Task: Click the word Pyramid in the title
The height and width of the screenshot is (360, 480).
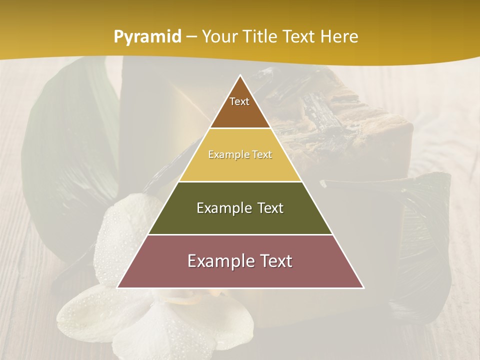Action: tap(147, 37)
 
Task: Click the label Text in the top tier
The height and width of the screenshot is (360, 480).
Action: tap(239, 101)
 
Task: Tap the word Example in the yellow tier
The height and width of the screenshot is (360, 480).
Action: tap(224, 155)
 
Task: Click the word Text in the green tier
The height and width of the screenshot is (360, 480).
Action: tap(267, 208)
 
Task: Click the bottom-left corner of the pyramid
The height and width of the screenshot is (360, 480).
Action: tap(118, 287)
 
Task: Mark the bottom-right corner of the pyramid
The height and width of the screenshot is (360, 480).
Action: tap(363, 287)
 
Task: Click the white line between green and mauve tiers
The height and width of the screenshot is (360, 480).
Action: tap(240, 234)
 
